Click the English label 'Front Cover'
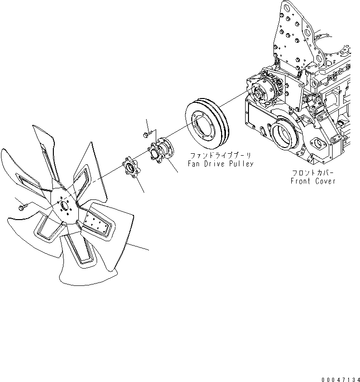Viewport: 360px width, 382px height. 313,181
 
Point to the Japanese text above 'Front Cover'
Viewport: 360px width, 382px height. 313,173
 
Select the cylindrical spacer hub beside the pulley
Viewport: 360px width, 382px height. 161,152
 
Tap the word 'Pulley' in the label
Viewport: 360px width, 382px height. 242,164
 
